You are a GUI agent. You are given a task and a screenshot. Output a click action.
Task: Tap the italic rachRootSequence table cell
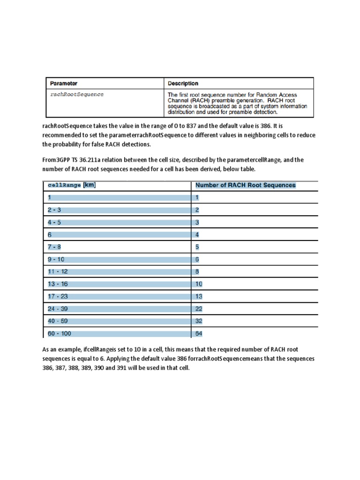point(77,94)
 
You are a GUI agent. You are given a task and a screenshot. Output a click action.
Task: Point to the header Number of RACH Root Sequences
point(245,185)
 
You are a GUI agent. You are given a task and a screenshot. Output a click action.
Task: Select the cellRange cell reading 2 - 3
point(54,210)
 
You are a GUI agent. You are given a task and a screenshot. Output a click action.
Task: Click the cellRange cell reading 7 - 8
point(54,247)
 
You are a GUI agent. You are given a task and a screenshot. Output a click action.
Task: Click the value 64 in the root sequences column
point(198,334)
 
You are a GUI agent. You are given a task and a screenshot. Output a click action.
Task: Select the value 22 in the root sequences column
point(198,309)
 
